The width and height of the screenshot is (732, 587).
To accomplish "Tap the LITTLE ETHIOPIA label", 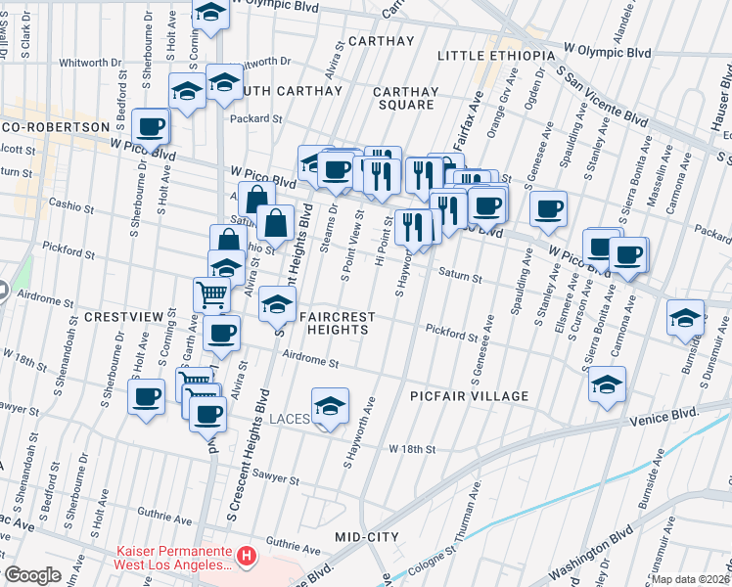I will click(497, 56).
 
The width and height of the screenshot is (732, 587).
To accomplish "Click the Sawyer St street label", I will click(274, 478).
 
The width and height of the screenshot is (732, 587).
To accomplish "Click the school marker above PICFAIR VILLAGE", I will click(608, 382).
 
